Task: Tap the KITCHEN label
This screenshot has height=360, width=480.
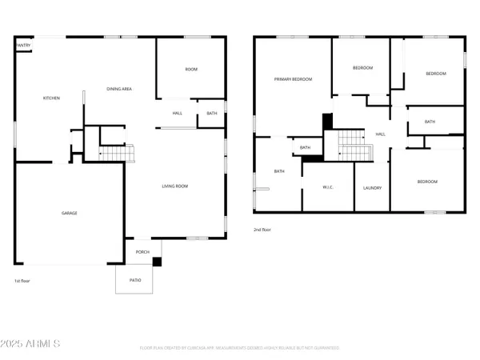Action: [x=51, y=98]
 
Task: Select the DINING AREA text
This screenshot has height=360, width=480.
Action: [x=119, y=89]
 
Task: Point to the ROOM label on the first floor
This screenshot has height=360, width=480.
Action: [x=191, y=70]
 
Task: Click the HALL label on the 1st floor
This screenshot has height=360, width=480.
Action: [x=178, y=114]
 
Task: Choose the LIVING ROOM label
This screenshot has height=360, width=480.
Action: [x=174, y=186]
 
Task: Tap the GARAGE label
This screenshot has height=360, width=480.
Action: [x=70, y=214]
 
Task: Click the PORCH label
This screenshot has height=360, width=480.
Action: [x=142, y=252]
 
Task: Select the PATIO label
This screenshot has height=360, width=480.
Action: [x=134, y=280]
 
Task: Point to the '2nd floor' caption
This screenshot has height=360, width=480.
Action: [x=262, y=230]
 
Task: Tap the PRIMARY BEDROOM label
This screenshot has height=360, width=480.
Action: [x=293, y=79]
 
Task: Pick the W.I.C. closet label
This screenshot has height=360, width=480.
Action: [x=326, y=188]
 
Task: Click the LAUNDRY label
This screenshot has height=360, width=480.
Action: [x=372, y=188]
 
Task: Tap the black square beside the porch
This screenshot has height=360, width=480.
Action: [x=157, y=262]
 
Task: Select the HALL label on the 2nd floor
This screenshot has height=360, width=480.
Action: [x=380, y=134]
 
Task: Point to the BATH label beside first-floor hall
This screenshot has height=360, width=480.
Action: [x=211, y=114]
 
